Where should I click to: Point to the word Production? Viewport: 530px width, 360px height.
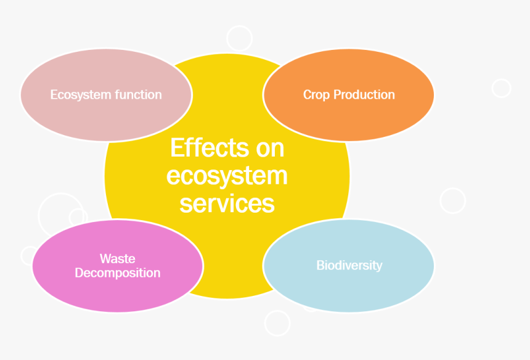pyautogui.click(x=364, y=95)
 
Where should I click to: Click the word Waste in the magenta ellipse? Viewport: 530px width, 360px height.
pyautogui.click(x=117, y=259)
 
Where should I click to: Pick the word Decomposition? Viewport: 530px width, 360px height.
pyautogui.click(x=117, y=273)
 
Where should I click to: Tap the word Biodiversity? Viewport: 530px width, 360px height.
pyautogui.click(x=349, y=266)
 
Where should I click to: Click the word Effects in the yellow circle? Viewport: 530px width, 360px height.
pyautogui.click(x=201, y=149)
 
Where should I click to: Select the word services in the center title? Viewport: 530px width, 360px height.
pyautogui.click(x=227, y=203)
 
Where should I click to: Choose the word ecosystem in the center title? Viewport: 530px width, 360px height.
pyautogui.click(x=227, y=176)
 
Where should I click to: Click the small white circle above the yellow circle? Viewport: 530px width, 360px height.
pyautogui.click(x=239, y=38)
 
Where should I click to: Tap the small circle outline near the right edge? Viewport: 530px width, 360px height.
pyautogui.click(x=502, y=88)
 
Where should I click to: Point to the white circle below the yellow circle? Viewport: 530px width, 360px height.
pyautogui.click(x=277, y=323)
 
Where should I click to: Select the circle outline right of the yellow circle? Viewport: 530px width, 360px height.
pyautogui.click(x=452, y=200)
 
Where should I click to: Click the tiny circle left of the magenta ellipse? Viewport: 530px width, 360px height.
pyautogui.click(x=29, y=255)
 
